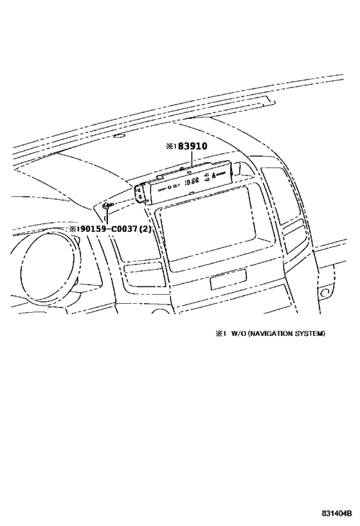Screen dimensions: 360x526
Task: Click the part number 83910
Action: pyautogui.click(x=192, y=146)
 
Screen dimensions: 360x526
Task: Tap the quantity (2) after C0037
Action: pyautogui.click(x=145, y=229)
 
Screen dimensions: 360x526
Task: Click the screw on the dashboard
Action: pyautogui.click(x=107, y=206)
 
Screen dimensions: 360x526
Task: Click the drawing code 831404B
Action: pyautogui.click(x=336, y=513)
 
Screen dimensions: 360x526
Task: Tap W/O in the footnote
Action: pyautogui.click(x=238, y=333)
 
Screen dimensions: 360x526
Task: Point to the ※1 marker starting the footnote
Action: pyautogui.click(x=219, y=333)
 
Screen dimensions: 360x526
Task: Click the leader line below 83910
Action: pyautogui.click(x=192, y=159)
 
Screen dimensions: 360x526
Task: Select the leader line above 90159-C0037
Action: pyautogui.click(x=107, y=216)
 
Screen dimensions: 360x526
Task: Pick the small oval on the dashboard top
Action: pyautogui.click(x=120, y=136)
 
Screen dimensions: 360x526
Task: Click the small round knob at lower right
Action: pyautogui.click(x=325, y=294)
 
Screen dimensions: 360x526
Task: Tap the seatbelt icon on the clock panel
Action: pyautogui.click(x=213, y=175)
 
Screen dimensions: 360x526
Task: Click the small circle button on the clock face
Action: pyautogui.click(x=170, y=187)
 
